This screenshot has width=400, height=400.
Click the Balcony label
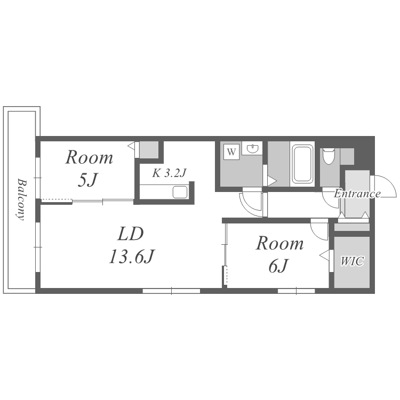[22, 199]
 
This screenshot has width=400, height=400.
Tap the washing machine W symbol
[231, 152]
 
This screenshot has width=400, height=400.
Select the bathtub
[302, 164]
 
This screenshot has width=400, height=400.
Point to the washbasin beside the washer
[252, 148]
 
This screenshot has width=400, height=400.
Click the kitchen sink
[180, 192]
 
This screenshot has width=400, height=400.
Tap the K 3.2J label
[169, 173]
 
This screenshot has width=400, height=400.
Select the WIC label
[352, 261]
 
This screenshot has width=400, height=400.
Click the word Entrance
[357, 194]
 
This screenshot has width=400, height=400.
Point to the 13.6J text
[132, 257]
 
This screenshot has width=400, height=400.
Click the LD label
[131, 234]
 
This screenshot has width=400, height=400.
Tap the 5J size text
[87, 180]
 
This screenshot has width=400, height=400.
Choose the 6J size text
[278, 266]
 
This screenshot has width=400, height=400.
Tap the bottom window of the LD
[171, 291]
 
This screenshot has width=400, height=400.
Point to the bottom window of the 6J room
[296, 291]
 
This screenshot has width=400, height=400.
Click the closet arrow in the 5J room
[131, 147]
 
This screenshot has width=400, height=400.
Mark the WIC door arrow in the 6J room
[324, 255]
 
